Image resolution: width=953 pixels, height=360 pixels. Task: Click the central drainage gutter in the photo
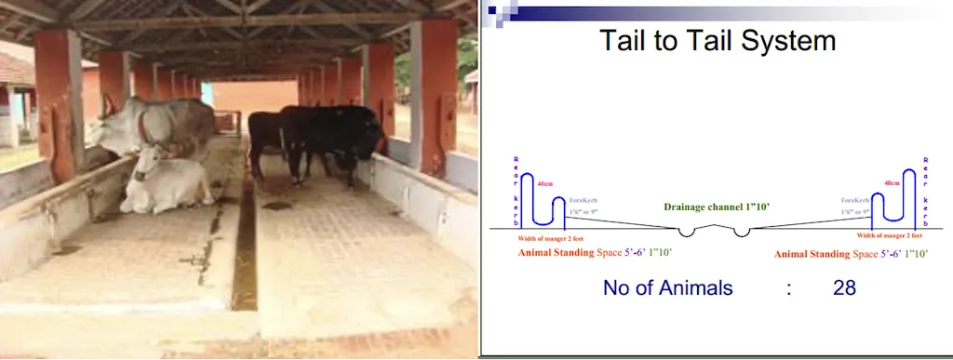[245, 251]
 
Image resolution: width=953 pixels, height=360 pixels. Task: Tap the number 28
[844, 287]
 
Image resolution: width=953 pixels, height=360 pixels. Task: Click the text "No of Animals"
[667, 287]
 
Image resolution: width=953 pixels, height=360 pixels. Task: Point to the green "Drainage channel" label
[716, 207]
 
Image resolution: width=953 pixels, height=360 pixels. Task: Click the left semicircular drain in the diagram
[686, 232]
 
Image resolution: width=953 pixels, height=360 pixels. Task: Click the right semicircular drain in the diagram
[741, 232]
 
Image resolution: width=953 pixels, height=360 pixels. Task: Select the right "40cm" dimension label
[892, 184]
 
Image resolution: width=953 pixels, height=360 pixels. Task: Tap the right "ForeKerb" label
[854, 200]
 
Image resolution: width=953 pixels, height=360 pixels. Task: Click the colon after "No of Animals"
[788, 288]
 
